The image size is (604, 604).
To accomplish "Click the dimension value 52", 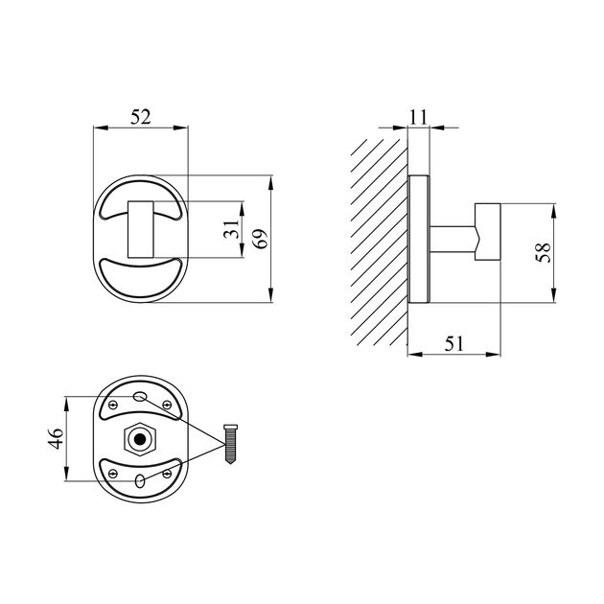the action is [x=141, y=117].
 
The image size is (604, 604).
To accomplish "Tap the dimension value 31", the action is [x=232, y=229].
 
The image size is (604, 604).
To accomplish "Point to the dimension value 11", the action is [x=418, y=117].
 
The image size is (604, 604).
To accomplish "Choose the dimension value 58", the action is [x=544, y=253].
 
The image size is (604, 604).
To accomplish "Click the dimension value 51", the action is [x=454, y=343].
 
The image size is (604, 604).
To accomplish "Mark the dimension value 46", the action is [x=56, y=438].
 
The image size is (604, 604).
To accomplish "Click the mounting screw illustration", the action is [x=230, y=444].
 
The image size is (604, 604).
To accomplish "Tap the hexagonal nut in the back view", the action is [x=140, y=439].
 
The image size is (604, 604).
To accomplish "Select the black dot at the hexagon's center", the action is [x=140, y=439].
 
